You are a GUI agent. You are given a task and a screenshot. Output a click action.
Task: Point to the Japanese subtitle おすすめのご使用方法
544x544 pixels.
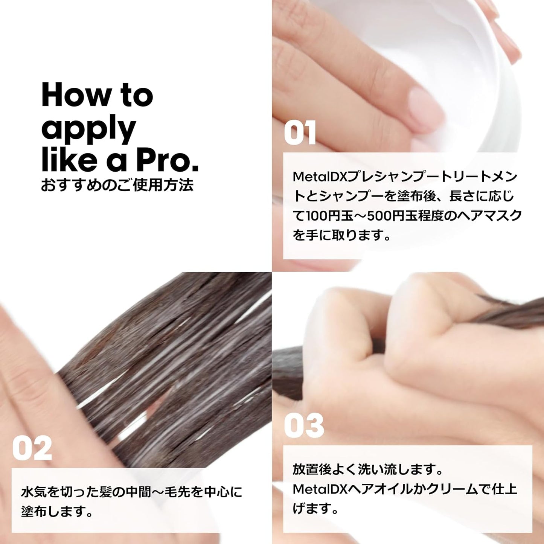tap(117, 185)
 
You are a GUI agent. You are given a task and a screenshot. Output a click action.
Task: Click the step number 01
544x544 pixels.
tap(300, 133)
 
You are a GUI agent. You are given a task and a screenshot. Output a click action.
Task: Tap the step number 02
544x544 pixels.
tap(32, 448)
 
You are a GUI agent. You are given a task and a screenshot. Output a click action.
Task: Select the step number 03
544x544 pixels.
tap(304, 425)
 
